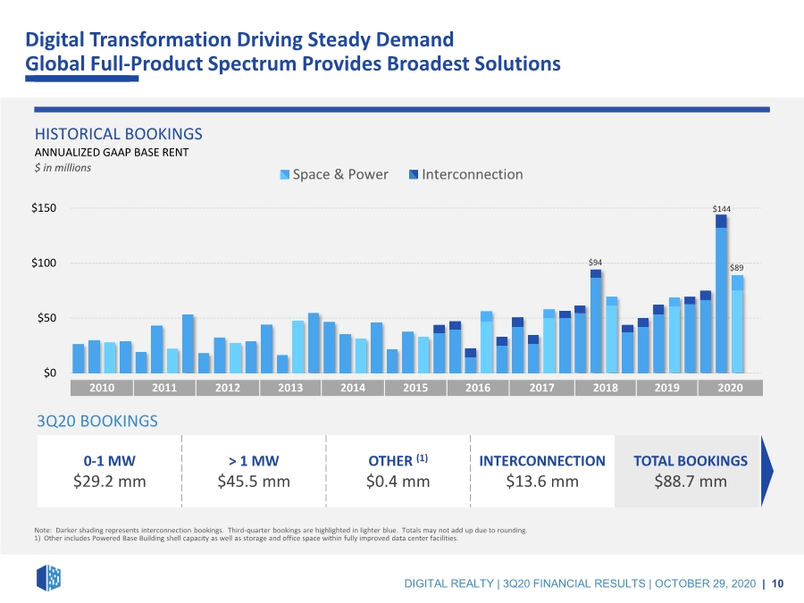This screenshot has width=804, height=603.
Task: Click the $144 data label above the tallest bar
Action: click(722, 209)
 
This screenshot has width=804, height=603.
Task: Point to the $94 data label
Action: click(595, 263)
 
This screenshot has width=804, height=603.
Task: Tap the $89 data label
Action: click(737, 268)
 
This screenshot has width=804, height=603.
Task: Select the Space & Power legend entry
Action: click(334, 174)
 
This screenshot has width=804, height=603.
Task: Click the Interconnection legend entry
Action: click(465, 174)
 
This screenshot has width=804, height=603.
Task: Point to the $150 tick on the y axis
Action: click(44, 207)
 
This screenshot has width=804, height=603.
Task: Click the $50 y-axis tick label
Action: click(46, 318)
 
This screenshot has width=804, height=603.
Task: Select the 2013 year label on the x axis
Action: click(290, 388)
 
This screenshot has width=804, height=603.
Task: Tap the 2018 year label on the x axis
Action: click(606, 388)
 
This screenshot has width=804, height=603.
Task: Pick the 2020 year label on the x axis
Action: click(730, 388)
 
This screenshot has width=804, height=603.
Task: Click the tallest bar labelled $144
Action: click(721, 294)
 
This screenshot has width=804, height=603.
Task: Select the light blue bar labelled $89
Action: click(737, 324)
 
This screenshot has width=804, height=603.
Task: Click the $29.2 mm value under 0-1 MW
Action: click(109, 482)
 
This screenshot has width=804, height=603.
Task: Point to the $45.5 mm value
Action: click(254, 482)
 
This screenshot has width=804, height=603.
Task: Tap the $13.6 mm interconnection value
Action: click(542, 482)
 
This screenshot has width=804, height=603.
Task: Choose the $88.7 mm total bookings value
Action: click(691, 482)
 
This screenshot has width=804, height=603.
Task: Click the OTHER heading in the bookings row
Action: click(390, 461)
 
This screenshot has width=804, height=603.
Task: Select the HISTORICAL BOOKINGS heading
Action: click(119, 134)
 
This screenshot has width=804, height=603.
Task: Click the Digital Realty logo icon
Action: click(49, 578)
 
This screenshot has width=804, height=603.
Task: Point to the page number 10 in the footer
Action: click(777, 583)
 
